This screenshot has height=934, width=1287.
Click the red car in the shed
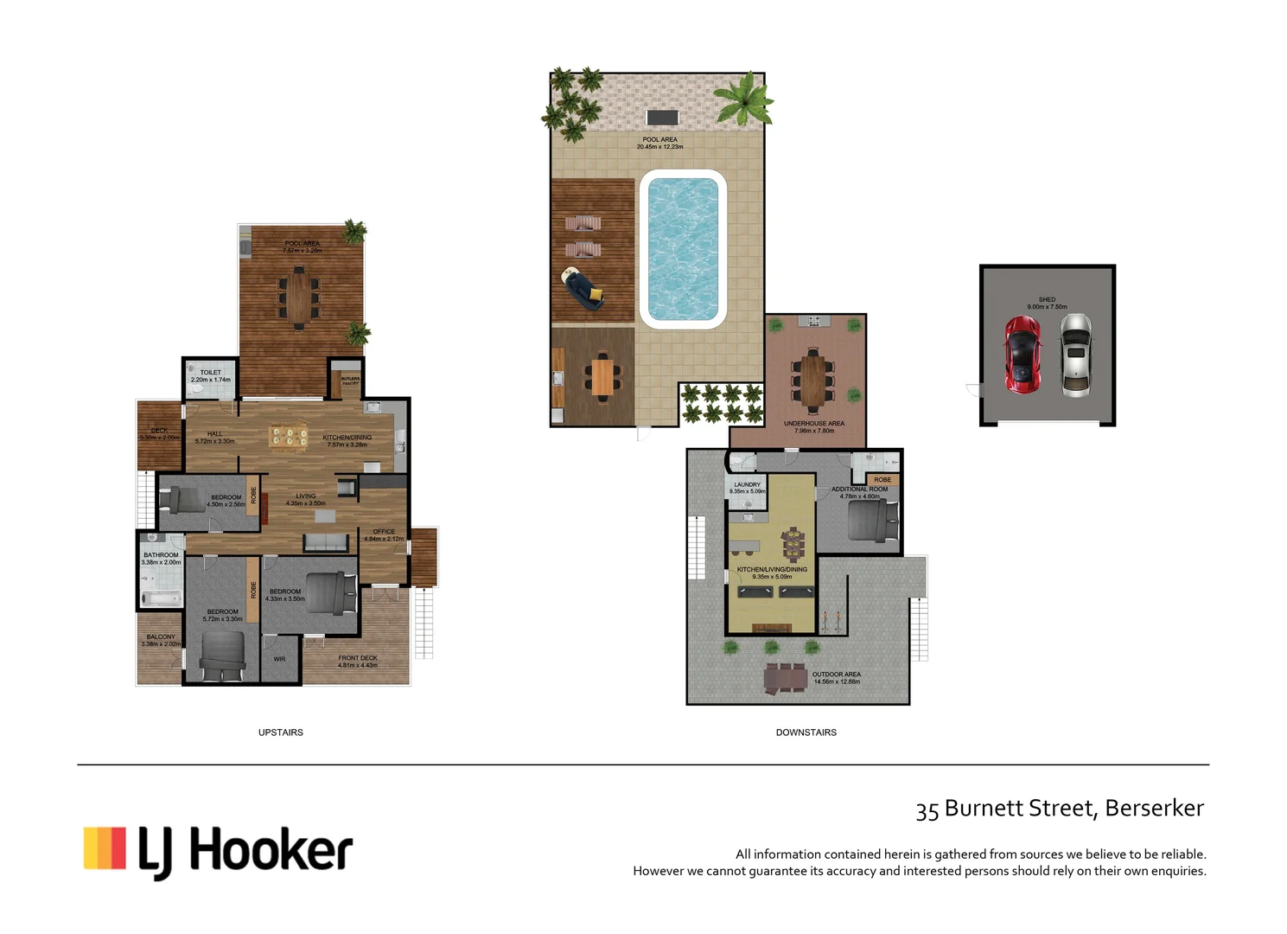[x=1022, y=355]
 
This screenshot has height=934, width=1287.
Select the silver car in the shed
[x=1076, y=355]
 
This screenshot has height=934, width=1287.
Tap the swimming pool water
[x=682, y=249]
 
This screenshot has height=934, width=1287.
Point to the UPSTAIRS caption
[x=281, y=732]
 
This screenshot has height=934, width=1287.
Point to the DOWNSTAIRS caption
[x=806, y=732]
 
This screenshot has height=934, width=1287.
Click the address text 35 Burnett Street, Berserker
[x=1060, y=809]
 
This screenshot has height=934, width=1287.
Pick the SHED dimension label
[x=1047, y=303]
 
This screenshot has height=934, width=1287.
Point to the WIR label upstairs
[x=279, y=659]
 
